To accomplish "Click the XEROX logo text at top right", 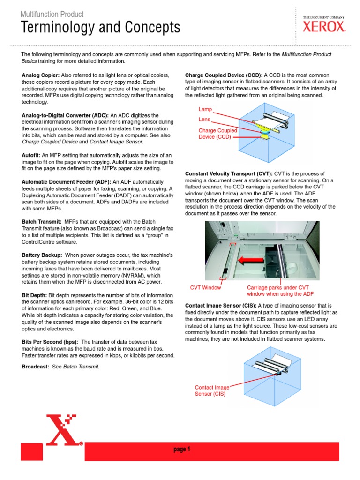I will click(x=323, y=27).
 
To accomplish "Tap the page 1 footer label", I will click(x=182, y=450).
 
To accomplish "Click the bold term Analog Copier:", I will click(x=40, y=75).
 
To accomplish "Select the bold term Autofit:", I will click(x=31, y=155).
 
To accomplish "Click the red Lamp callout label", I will click(x=205, y=109).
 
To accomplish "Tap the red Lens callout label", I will click(x=204, y=120).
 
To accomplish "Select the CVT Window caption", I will click(x=205, y=287).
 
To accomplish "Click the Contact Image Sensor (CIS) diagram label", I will click(x=212, y=390).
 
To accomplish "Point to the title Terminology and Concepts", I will click(x=100, y=28).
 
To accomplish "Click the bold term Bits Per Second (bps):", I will click(x=50, y=342).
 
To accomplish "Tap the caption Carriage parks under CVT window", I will click(x=274, y=291).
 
